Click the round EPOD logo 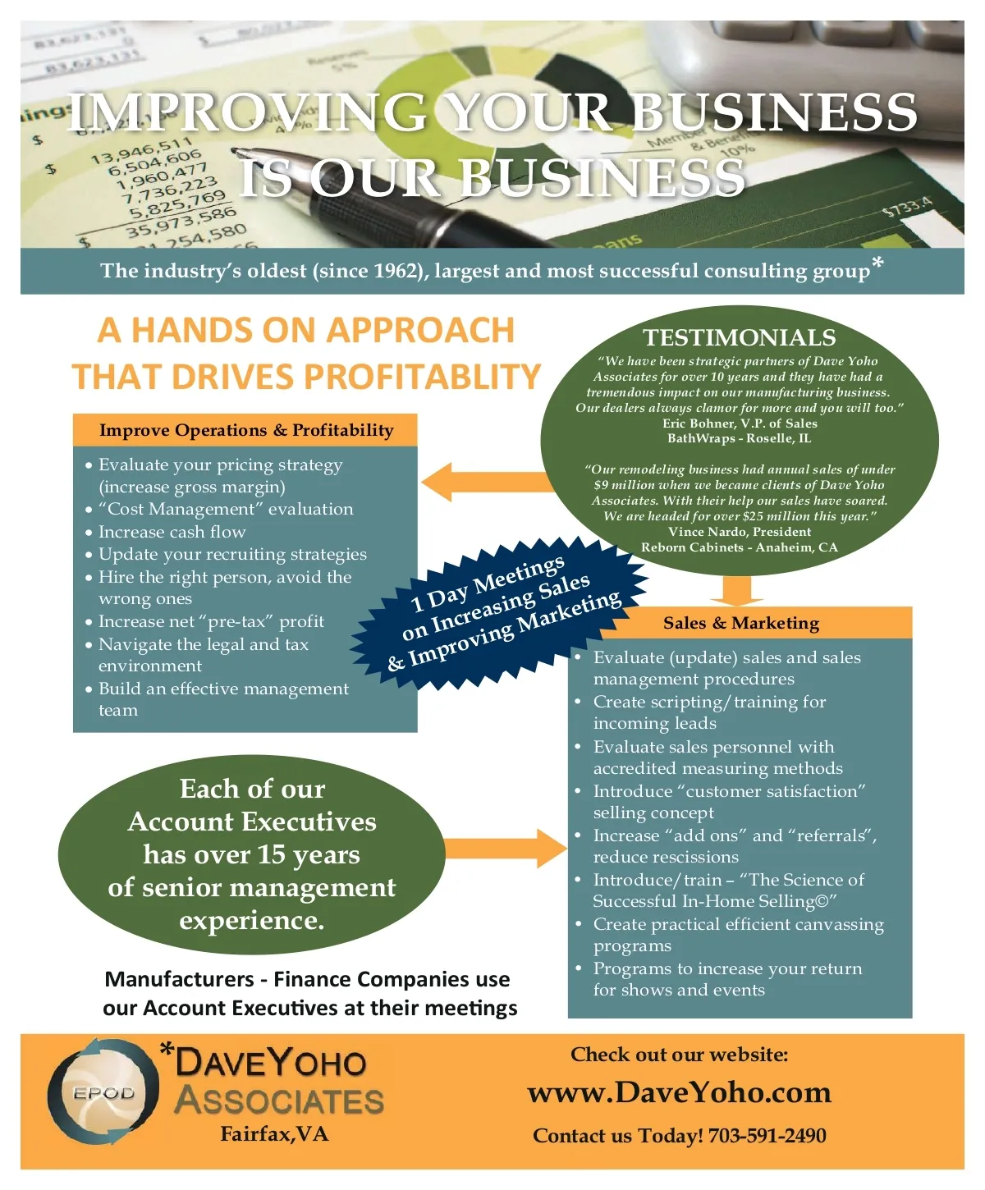103,1092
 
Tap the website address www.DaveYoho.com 679,1092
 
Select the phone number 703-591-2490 767,1136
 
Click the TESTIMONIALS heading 739,337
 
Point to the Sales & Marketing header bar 740,623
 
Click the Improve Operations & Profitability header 245,430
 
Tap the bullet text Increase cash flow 172,532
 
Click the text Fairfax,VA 274,1134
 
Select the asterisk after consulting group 877,263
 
